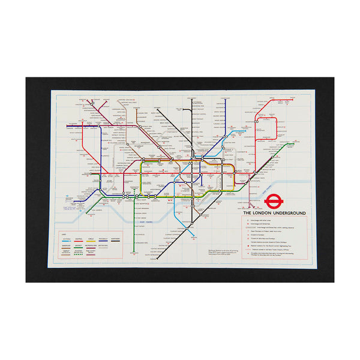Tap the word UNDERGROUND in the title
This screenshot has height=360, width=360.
[x=290, y=213]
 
